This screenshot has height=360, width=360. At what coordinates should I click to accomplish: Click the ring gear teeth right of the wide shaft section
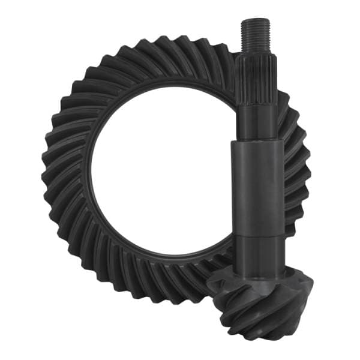pyautogui.click(x=297, y=180)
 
